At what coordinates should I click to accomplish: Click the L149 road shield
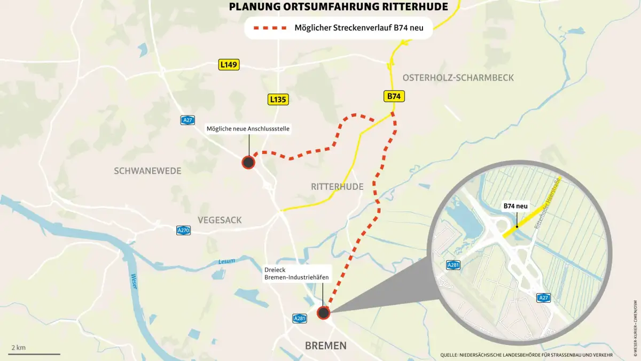click(x=229, y=65)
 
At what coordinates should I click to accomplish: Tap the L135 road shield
click(x=278, y=99)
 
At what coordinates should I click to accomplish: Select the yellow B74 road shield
click(x=394, y=97)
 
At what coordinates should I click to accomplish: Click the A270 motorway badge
click(x=184, y=231)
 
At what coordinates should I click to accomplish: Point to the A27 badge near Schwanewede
click(x=187, y=120)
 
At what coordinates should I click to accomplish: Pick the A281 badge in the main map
click(x=300, y=318)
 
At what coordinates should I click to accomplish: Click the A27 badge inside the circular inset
click(x=544, y=298)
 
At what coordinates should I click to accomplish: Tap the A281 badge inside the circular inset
click(x=454, y=265)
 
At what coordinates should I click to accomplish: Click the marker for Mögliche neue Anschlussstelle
click(x=248, y=162)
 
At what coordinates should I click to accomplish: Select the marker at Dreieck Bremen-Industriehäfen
click(x=323, y=313)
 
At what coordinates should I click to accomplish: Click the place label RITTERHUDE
click(x=337, y=187)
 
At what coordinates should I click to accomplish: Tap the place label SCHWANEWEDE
click(x=147, y=171)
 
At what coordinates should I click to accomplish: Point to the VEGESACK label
click(x=220, y=220)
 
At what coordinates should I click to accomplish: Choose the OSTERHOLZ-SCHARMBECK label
click(x=458, y=78)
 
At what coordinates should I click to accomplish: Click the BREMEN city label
click(x=325, y=345)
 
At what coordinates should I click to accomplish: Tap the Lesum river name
click(x=226, y=262)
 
